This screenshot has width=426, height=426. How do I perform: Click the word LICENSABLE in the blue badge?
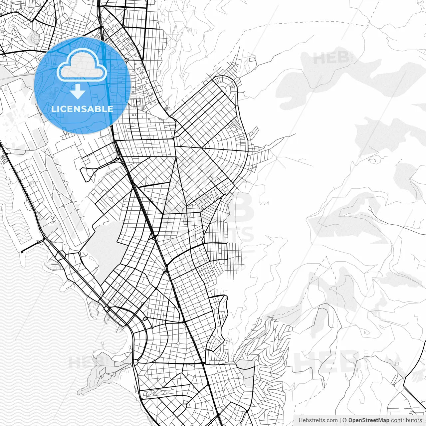tap(82, 109)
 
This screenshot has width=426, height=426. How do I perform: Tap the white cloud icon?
tap(82, 65)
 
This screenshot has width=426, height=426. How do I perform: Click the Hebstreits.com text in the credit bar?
tap(318, 420)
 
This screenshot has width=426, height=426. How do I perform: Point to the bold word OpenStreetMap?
tap(369, 420)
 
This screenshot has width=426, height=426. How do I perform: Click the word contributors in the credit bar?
tap(406, 420)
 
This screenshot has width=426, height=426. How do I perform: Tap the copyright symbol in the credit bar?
tap(345, 420)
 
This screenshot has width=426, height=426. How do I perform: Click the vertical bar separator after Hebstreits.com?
tap(340, 420)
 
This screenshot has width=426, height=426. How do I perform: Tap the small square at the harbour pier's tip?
tap(22, 252)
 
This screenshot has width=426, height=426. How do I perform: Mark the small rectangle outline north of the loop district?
tap(252, 61)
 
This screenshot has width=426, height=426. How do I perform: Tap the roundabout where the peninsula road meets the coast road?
tap(135, 362)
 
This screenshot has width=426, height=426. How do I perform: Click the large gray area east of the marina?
tap(100, 246)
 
